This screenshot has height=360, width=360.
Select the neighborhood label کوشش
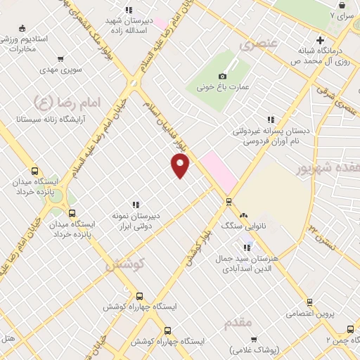pos(124,265)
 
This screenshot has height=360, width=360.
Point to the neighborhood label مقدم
pos(238,323)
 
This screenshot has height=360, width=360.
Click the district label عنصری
pos(259,44)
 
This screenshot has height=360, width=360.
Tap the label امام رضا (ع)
pos(68,103)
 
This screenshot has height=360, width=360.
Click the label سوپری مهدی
pos(62,70)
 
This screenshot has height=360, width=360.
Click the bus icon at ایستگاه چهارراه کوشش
pos(139,296)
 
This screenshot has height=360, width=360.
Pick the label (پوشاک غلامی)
pos(257,349)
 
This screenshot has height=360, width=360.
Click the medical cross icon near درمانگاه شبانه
pos(320,39)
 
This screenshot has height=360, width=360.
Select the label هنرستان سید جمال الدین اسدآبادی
pos(250,263)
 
